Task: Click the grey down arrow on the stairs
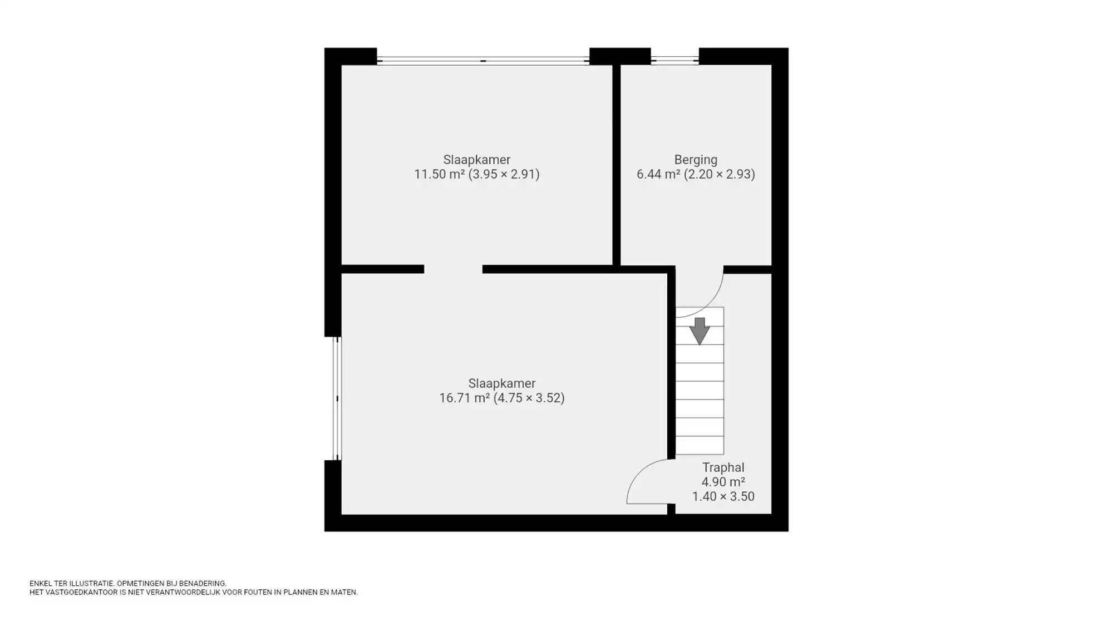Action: click(x=700, y=331)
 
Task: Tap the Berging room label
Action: click(x=696, y=160)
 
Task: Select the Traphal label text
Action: click(x=723, y=467)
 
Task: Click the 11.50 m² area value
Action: click(x=439, y=174)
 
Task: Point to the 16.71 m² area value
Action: click(x=464, y=398)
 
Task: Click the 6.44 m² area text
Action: click(x=658, y=174)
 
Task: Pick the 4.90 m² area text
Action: click(x=723, y=482)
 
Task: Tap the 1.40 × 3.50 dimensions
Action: click(x=723, y=496)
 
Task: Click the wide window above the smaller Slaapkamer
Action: click(x=483, y=61)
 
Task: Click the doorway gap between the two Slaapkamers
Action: click(x=453, y=269)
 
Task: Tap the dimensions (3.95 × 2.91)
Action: click(x=504, y=174)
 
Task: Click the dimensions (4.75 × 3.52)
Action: click(x=529, y=398)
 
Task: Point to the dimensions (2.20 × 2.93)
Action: click(x=719, y=174)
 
